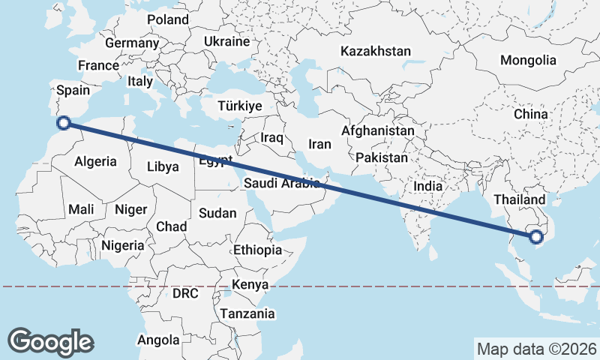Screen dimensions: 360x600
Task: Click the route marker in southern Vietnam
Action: point(535,238)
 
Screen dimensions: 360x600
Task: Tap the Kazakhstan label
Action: point(376,52)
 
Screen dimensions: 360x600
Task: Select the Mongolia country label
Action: point(529,61)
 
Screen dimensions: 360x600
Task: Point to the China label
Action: point(532,115)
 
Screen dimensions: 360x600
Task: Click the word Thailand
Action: point(519,200)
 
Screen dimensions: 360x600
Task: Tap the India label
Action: point(428,186)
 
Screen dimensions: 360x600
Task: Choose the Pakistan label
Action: point(382,158)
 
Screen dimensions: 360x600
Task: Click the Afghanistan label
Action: point(377,130)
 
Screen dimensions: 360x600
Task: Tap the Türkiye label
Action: point(240,106)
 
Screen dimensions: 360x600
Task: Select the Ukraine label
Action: point(226,41)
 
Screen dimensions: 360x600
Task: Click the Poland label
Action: point(168,19)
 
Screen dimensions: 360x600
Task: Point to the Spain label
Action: point(73,90)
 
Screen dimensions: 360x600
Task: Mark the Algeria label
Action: point(95,161)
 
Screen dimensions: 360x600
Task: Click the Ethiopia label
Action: point(257,250)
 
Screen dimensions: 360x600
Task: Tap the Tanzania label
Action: point(247,314)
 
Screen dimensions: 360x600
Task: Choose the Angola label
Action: point(158,340)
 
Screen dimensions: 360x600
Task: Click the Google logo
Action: point(50,342)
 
